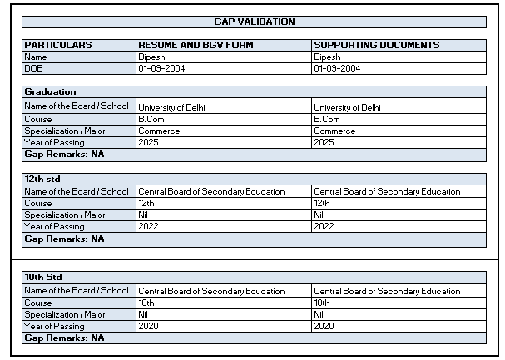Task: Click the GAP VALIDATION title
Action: point(254,22)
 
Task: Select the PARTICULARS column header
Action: point(57,45)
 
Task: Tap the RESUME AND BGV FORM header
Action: point(196,45)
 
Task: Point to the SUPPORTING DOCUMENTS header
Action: point(376,45)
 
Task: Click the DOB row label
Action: point(33,68)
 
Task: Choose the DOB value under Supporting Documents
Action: point(337,68)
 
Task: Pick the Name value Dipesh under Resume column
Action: point(152,57)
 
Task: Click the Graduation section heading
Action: point(50,91)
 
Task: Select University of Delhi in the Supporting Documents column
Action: point(347,107)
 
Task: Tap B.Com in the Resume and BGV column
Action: point(151,119)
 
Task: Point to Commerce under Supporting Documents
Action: point(334,131)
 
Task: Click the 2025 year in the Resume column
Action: point(148,142)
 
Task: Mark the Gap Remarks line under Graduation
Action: point(64,154)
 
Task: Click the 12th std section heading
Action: point(42,179)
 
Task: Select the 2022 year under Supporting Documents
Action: point(324,226)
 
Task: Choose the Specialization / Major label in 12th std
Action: point(65,215)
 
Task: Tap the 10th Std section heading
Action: point(43,277)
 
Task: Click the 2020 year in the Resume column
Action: point(148,326)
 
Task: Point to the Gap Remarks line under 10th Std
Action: point(64,338)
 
